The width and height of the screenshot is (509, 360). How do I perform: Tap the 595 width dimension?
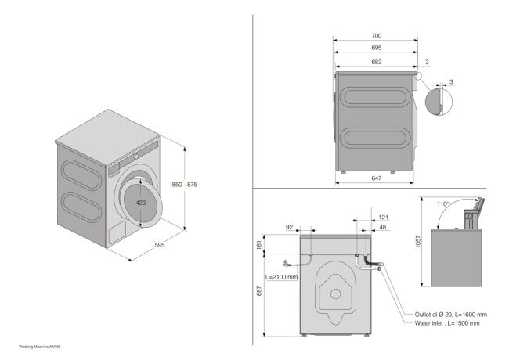pyautogui.click(x=160, y=245)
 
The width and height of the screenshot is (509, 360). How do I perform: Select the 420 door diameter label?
pyautogui.click(x=141, y=202)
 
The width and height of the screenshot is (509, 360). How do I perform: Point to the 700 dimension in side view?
pyautogui.click(x=377, y=37)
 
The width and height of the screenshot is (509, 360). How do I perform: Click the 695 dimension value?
pyautogui.click(x=377, y=48)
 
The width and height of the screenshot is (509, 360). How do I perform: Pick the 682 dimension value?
pyautogui.click(x=376, y=61)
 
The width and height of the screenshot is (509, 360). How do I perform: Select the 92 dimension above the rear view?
pyautogui.click(x=289, y=227)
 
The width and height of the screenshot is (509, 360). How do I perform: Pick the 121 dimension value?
pyautogui.click(x=384, y=217)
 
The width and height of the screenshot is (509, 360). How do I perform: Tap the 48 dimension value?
pyautogui.click(x=384, y=227)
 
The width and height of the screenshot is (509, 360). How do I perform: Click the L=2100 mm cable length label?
pyautogui.click(x=281, y=276)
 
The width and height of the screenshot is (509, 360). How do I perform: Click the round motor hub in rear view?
pyautogui.click(x=335, y=294)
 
